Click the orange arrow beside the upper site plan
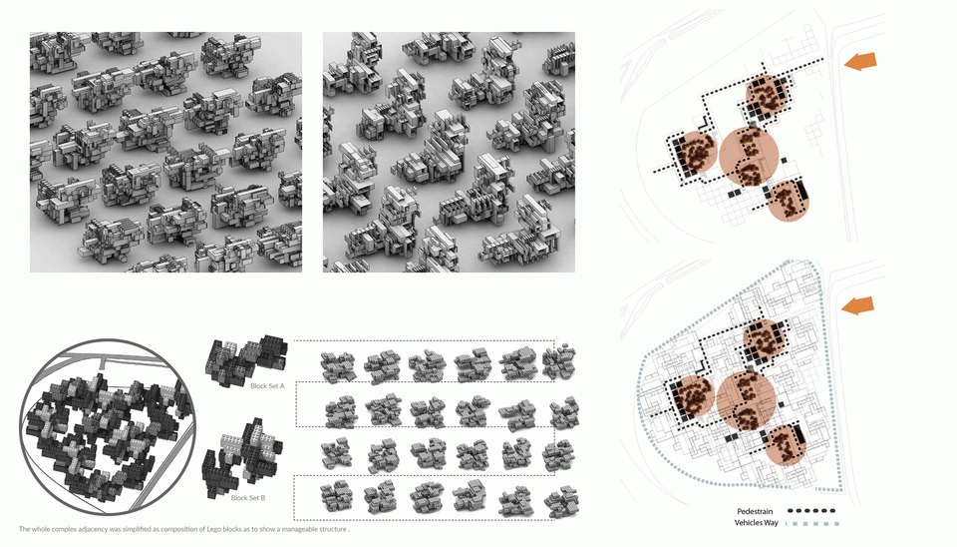[x=860, y=61]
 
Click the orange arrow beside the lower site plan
[x=857, y=305]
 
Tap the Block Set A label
[x=267, y=386]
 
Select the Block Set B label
[x=248, y=498]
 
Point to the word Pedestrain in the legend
[x=755, y=511]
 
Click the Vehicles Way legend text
[x=757, y=523]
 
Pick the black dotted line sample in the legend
[x=811, y=511]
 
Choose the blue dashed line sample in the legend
[x=812, y=524]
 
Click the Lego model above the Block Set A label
[x=246, y=359]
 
